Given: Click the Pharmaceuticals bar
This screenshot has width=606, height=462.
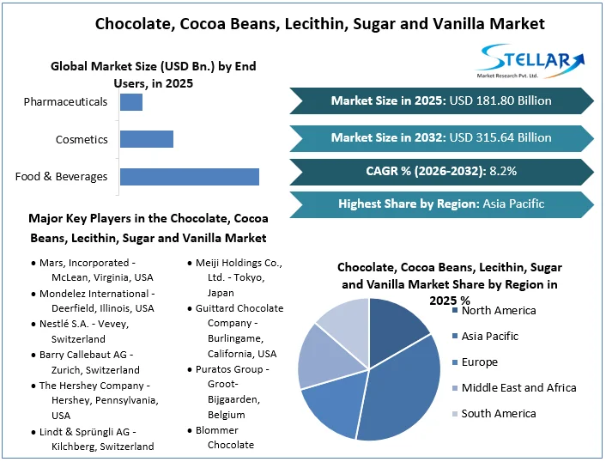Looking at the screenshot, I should (130, 102).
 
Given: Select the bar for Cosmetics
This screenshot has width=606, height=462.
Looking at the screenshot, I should (146, 139).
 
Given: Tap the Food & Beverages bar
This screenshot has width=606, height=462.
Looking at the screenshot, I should (189, 177).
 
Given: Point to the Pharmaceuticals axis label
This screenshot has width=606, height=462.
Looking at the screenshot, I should (65, 102).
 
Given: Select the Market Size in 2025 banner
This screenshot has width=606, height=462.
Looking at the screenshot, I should (441, 100).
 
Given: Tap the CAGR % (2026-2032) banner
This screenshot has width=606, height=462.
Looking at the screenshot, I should (441, 171).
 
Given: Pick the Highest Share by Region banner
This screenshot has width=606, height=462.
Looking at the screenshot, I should (441, 204).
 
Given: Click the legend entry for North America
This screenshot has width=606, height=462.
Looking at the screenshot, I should (498, 311).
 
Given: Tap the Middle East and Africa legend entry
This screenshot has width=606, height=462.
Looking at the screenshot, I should (518, 388).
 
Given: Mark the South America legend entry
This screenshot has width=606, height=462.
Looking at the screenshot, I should (498, 414).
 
